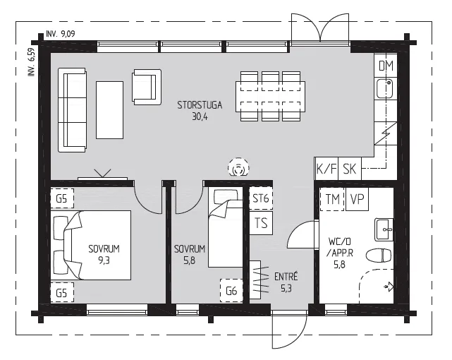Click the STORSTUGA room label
200,105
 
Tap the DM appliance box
386,65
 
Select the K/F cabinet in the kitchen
326,169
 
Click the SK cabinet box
349,169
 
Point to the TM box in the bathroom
332,199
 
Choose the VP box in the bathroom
358,199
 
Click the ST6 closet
261,198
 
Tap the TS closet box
261,223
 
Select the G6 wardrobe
231,291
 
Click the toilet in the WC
379,256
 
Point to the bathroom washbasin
384,229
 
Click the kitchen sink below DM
385,88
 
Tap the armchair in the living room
147,87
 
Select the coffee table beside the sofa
109,110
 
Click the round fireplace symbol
238,168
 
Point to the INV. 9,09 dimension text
60,34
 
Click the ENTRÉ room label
286,277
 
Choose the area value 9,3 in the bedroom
104,260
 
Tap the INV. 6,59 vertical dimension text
32,62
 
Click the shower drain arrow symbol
389,287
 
